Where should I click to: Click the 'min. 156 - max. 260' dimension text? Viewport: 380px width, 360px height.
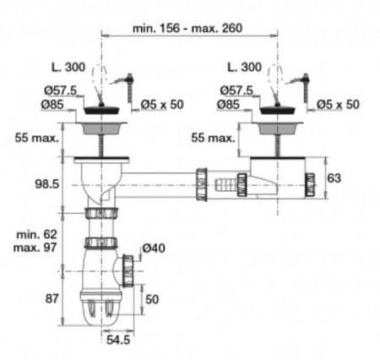point(187,28)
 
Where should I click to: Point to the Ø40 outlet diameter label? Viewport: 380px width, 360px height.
point(154,248)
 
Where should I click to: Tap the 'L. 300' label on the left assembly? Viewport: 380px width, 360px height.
point(68,66)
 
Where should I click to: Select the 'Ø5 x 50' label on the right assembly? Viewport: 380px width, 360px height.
point(338,104)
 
